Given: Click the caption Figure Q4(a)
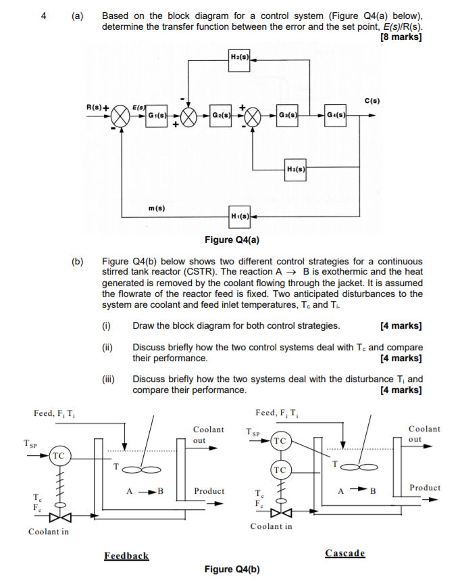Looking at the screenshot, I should [232, 239].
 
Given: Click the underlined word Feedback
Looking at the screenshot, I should [126, 555].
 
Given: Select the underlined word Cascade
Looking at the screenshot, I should [345, 553].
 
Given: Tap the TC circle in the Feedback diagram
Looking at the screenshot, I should [59, 456].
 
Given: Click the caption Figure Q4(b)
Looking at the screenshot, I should [232, 569].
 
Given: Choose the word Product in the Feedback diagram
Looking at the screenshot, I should [209, 490].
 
